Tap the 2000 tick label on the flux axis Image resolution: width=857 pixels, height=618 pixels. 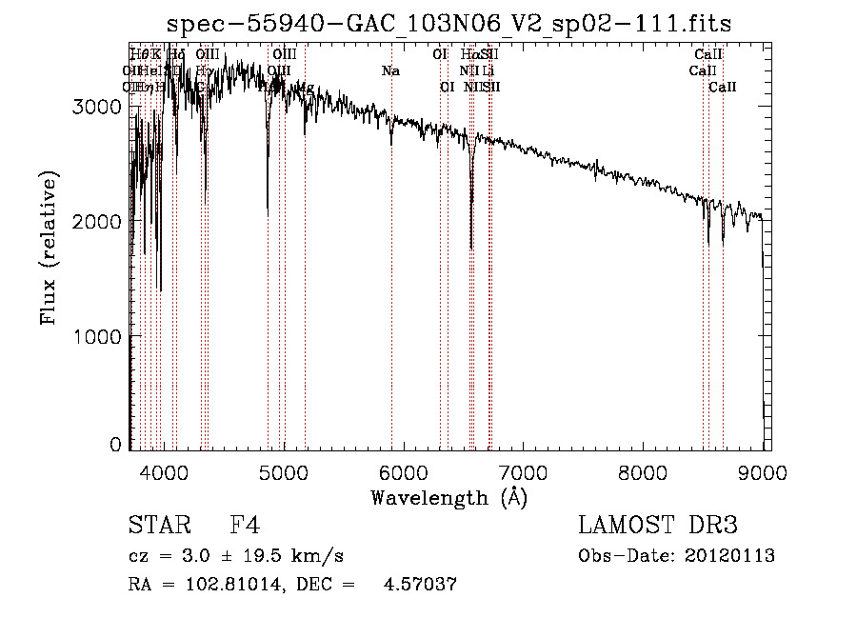(99, 221)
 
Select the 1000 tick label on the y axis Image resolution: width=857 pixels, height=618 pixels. (99, 336)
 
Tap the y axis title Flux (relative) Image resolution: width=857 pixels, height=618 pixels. (49, 248)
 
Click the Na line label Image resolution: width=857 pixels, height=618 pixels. (390, 71)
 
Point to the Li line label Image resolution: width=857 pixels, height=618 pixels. (488, 71)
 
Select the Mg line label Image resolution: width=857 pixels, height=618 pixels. (306, 88)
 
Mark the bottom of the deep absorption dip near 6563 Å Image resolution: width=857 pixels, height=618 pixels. (471, 248)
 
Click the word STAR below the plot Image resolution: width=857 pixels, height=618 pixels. (158, 526)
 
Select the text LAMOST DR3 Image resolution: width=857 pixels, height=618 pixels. (658, 526)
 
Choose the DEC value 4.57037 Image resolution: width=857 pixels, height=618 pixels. (419, 585)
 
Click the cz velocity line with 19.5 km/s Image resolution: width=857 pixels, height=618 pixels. (235, 556)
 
